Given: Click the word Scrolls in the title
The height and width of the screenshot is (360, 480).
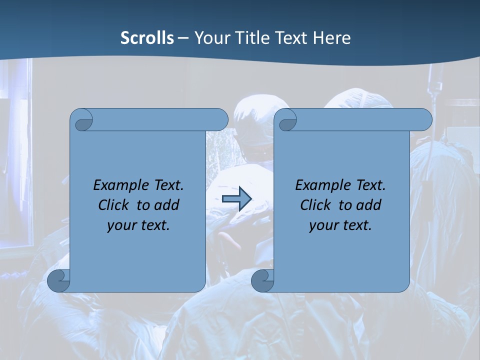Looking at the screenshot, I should (x=147, y=38).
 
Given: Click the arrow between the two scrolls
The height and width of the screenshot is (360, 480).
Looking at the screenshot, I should (x=236, y=199).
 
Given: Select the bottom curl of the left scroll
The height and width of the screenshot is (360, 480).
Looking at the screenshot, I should (x=58, y=280).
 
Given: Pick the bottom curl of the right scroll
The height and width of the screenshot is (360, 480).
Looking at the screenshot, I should (x=262, y=280).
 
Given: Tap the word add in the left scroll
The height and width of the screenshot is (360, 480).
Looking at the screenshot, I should (x=166, y=205).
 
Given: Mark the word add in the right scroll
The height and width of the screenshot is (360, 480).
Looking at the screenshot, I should (x=368, y=205).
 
